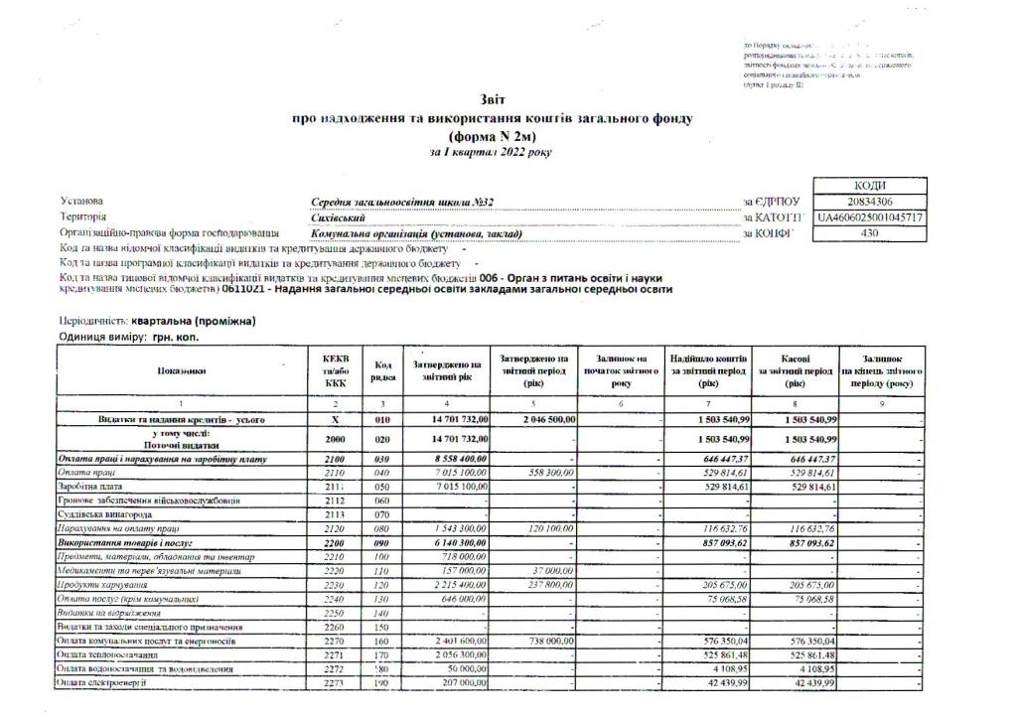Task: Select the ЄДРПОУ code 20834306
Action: [870, 202]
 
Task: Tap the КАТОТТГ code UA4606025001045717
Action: [870, 217]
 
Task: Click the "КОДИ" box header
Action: [870, 186]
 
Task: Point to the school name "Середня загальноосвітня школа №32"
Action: [403, 202]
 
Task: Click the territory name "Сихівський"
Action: [339, 217]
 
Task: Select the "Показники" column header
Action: [182, 370]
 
